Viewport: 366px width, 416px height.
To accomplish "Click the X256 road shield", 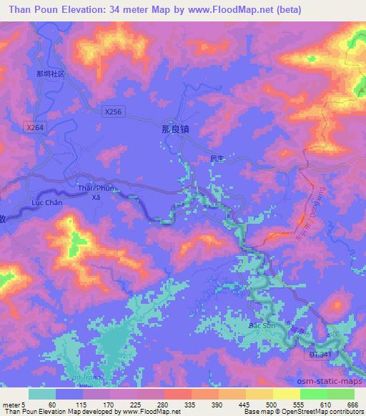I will point(113,112).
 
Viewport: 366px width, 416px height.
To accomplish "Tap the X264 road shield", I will point(34,127).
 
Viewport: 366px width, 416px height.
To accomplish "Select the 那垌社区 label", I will point(50,74).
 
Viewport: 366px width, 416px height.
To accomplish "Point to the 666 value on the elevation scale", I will point(352,405).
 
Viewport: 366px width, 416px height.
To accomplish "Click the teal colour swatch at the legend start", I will point(41,394).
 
